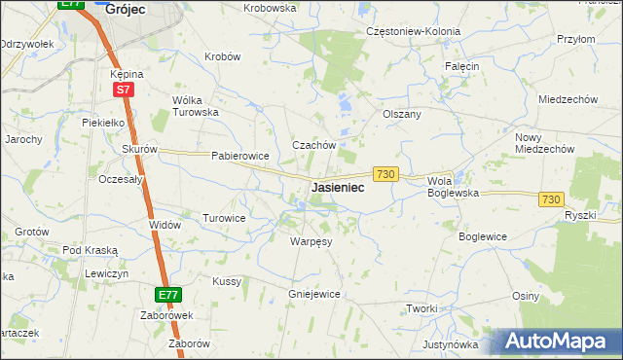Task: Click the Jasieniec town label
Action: click(x=338, y=188)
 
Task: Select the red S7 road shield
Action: click(x=123, y=90)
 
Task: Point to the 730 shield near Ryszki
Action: click(x=551, y=198)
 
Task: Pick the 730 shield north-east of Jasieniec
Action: click(x=385, y=173)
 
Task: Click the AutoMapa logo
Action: click(x=556, y=341)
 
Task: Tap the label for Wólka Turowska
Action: click(x=195, y=106)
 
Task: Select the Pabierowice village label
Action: click(x=239, y=156)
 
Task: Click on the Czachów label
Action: click(x=314, y=145)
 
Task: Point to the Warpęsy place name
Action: click(x=311, y=241)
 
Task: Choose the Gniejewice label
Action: click(x=313, y=293)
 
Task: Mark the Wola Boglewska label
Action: click(x=454, y=187)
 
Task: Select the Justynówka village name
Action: click(x=451, y=344)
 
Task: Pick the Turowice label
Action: click(x=224, y=218)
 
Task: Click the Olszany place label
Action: click(x=402, y=114)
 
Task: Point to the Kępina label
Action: click(x=127, y=73)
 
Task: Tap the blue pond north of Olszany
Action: click(x=343, y=100)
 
